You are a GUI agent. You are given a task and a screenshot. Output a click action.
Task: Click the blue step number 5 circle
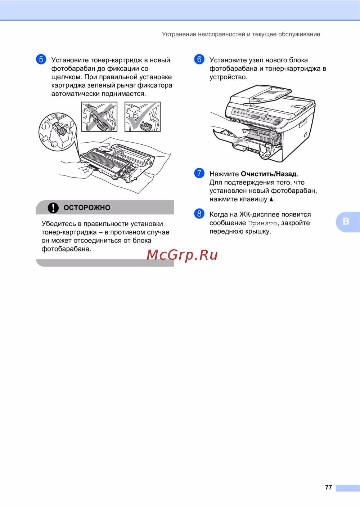coord(41,59)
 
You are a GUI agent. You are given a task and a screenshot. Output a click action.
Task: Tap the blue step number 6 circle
coord(199,59)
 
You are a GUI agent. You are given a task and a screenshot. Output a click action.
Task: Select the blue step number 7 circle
coord(199,173)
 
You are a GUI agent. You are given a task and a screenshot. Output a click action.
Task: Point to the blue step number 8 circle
coord(199,214)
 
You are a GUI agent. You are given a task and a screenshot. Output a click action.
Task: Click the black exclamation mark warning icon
coord(53,208)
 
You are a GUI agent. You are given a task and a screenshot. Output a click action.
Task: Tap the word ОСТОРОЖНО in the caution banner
coord(87,208)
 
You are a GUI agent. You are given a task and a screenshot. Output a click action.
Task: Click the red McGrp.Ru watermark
coord(182,255)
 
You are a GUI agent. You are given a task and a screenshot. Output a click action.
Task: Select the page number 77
coord(328,487)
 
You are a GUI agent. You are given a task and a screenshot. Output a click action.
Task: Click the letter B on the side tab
coord(346,221)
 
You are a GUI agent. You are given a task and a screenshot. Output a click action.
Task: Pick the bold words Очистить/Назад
coord(269,174)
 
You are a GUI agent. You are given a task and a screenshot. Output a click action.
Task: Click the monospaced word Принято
coord(262,223)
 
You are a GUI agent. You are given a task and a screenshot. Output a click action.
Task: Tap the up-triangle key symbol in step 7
coord(271,199)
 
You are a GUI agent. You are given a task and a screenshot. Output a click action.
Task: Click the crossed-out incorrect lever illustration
coord(99,117)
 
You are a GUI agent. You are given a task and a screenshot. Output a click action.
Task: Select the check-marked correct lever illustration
coord(143,117)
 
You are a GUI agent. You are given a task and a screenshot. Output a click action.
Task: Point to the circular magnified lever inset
coord(58,132)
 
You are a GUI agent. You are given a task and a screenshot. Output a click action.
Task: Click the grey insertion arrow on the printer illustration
coord(238,140)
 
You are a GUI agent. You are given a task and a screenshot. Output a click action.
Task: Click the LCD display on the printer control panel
coord(255,117)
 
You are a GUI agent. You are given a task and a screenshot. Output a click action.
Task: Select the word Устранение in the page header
coord(179,34)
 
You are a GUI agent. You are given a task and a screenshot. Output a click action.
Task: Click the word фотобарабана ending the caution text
coord(66,249)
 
